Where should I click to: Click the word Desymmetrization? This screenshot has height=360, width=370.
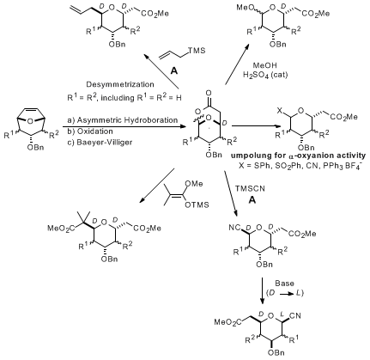120,84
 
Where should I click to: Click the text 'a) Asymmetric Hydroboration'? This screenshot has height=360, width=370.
123,120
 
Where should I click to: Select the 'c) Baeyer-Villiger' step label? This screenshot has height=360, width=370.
100,143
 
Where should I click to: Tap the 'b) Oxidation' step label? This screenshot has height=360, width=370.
90,131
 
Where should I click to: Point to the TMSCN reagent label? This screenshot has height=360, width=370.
250,189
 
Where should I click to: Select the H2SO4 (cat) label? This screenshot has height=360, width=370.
265,75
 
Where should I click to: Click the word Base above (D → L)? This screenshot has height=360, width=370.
284,284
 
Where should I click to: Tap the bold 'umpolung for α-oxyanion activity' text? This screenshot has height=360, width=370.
298,156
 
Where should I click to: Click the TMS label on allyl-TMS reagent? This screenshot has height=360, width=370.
197,51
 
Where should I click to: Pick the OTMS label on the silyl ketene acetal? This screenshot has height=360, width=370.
197,205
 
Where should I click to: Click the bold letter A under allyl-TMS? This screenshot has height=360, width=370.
173,70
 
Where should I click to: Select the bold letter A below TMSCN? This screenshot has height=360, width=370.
252,200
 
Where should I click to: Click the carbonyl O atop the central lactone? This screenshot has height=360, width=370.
209,93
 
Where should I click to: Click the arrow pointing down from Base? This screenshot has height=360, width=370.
262,290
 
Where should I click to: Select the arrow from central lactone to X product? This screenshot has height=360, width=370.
256,126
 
